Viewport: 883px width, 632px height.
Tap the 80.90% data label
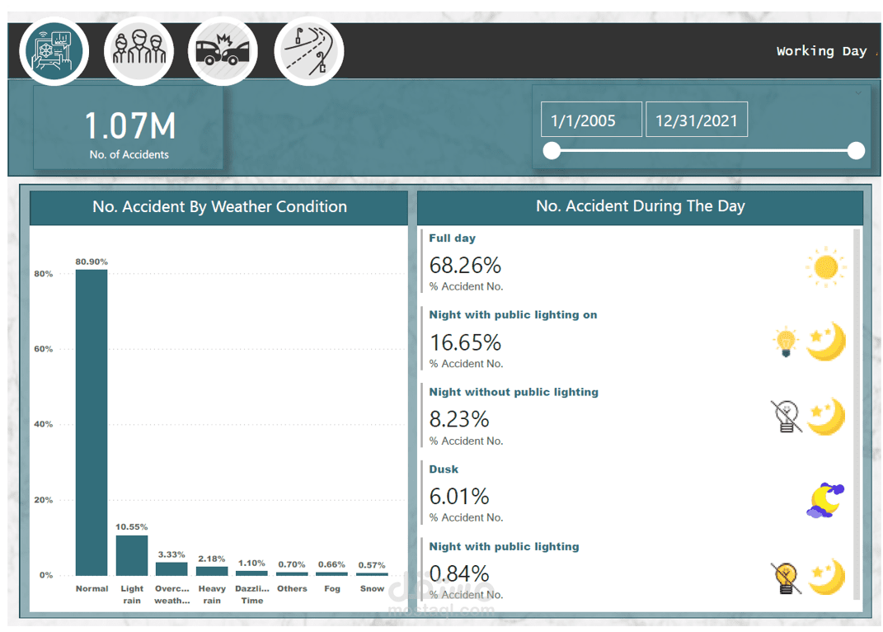click(x=92, y=262)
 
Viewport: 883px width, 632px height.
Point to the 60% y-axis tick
click(x=43, y=349)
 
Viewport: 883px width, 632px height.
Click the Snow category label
click(x=372, y=588)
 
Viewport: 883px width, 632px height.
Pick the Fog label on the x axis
click(x=332, y=588)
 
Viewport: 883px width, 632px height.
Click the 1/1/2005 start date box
click(x=590, y=120)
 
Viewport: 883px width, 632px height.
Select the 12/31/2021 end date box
click(x=697, y=120)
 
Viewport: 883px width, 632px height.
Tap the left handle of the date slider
click(x=552, y=150)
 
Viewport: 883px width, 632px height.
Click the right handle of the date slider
click(x=856, y=150)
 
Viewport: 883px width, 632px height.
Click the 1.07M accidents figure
click(x=129, y=126)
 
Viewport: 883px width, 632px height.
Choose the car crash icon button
click(x=223, y=52)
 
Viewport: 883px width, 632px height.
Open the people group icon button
click(x=139, y=52)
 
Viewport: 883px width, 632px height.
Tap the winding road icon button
click(x=308, y=52)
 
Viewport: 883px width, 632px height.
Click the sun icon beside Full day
click(x=825, y=266)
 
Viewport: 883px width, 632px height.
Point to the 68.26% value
click(x=465, y=265)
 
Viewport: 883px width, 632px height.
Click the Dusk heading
click(x=444, y=469)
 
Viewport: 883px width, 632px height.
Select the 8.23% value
click(x=459, y=419)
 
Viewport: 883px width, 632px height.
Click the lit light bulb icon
click(x=786, y=342)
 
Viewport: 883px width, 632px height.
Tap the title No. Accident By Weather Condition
click(x=219, y=206)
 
